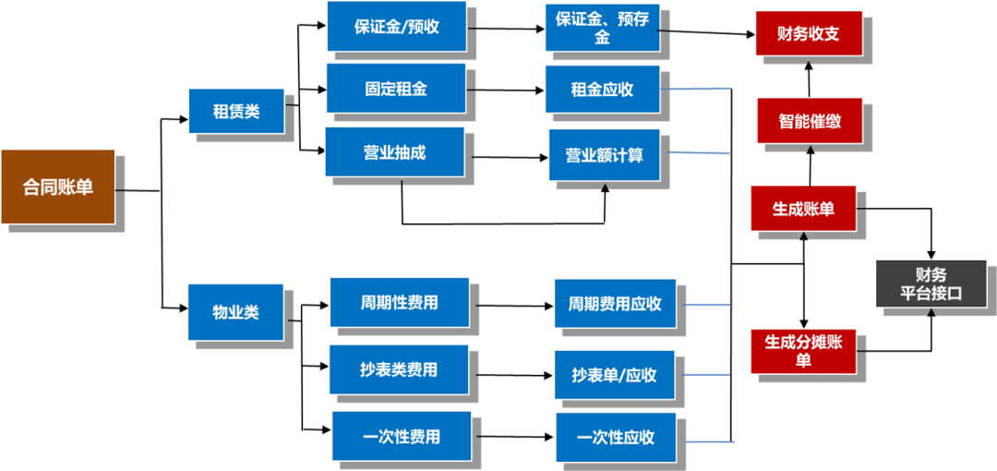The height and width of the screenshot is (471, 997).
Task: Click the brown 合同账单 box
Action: pyautogui.click(x=58, y=187)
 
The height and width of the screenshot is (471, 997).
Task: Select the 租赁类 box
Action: pyautogui.click(x=236, y=111)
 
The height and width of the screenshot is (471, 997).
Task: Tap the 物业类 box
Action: pyautogui.click(x=235, y=312)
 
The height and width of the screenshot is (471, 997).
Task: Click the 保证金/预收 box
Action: pyautogui.click(x=396, y=27)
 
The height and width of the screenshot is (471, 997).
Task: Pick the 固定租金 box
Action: pyautogui.click(x=396, y=89)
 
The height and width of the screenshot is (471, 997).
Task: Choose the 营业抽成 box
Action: pyautogui.click(x=394, y=152)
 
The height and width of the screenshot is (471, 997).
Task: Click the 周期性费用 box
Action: pyautogui.click(x=399, y=302)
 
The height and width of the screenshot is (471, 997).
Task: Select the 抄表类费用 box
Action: pyautogui.click(x=399, y=369)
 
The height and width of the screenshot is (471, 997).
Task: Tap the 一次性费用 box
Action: pyautogui.click(x=402, y=436)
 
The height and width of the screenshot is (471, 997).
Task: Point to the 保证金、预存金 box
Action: pyautogui.click(x=602, y=28)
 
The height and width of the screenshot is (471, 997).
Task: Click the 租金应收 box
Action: pyautogui.click(x=602, y=90)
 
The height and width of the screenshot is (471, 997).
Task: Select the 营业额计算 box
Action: pyautogui.click(x=605, y=155)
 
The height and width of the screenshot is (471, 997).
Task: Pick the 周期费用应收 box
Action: pyautogui.click(x=615, y=304)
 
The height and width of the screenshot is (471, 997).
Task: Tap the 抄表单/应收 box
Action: pyautogui.click(x=614, y=375)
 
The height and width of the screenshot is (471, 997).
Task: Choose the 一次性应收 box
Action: pyautogui.click(x=615, y=438)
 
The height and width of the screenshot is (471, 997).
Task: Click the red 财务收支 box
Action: pyautogui.click(x=809, y=35)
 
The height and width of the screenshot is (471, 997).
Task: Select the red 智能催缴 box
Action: pyautogui.click(x=810, y=120)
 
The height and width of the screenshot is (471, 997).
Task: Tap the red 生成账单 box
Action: pyautogui.click(x=803, y=208)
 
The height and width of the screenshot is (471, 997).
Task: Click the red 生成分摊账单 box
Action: pyautogui.click(x=803, y=351)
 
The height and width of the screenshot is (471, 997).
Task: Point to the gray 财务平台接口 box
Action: pyautogui.click(x=931, y=284)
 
